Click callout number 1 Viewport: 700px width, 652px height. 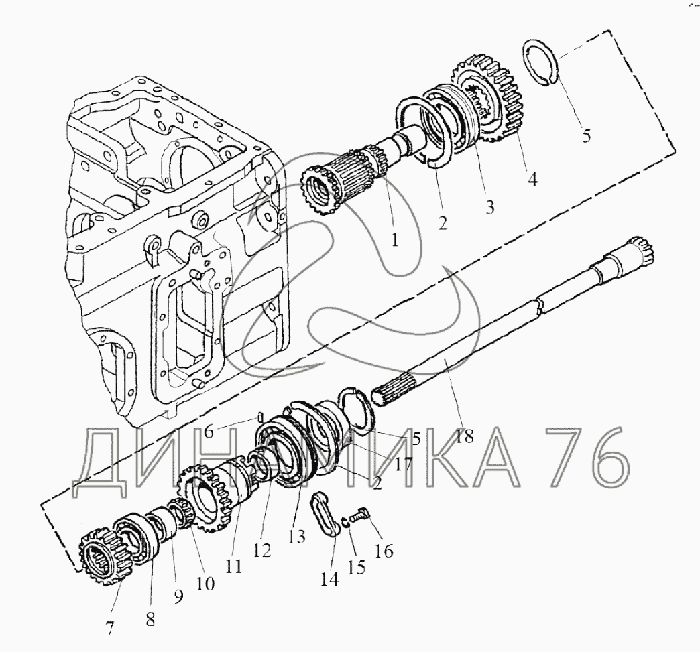pyautogui.click(x=395, y=240)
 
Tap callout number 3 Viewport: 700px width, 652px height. pyautogui.click(x=490, y=206)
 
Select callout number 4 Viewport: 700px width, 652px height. pyautogui.click(x=532, y=179)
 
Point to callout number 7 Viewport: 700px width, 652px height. pyautogui.click(x=109, y=629)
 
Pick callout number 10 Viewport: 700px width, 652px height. pyautogui.click(x=205, y=583)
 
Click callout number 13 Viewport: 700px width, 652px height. pyautogui.click(x=297, y=537)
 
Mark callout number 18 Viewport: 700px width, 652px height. pyautogui.click(x=464, y=436)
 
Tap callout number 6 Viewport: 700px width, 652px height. pyautogui.click(x=209, y=432)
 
